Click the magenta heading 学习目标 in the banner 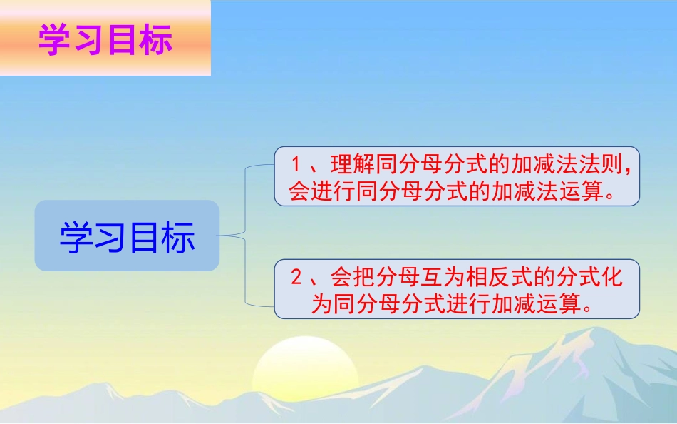[105, 40]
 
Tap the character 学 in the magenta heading [54, 40]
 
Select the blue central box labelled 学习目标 [127, 236]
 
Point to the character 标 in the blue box [178, 237]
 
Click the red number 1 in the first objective [297, 164]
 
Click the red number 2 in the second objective [297, 277]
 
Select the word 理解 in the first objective [351, 165]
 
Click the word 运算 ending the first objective [583, 191]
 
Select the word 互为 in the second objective [445, 277]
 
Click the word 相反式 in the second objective [507, 277]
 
